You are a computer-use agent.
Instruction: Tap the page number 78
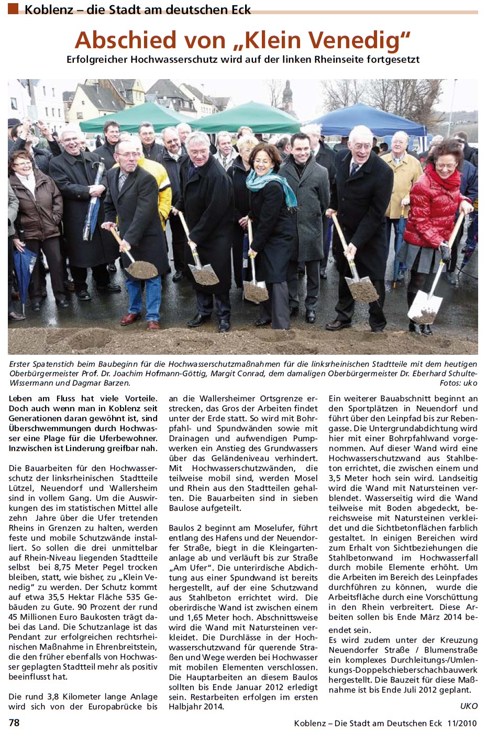point(14,723)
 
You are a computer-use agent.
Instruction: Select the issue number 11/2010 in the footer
point(462,723)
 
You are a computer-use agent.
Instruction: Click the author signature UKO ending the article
point(469,706)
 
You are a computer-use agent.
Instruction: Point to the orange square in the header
point(13,8)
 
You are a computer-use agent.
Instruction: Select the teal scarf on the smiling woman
point(270,183)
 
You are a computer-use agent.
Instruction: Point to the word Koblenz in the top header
point(49,9)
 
